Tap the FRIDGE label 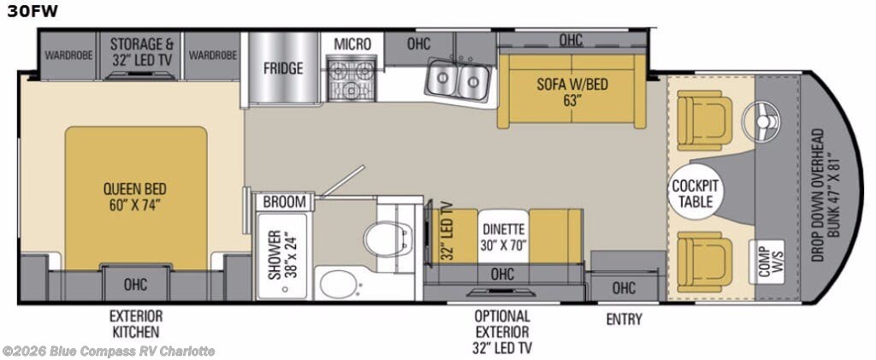[282, 68]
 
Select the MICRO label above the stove [352, 44]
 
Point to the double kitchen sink [458, 80]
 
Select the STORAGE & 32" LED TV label [142, 50]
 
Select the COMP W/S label [764, 257]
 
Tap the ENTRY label [624, 319]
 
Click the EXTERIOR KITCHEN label [135, 323]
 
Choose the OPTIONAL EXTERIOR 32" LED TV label [502, 331]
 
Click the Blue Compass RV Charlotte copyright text [109, 351]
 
